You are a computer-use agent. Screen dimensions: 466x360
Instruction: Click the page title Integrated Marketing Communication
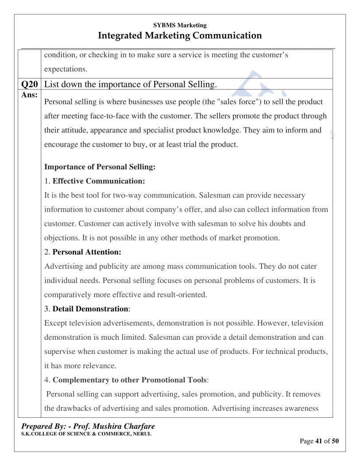180,35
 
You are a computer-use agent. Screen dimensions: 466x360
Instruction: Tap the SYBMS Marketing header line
180,25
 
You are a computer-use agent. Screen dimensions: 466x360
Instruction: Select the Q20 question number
29,84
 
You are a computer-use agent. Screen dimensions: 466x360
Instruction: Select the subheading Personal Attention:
87,252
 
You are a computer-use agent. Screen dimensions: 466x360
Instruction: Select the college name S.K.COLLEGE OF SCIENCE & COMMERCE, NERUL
86,434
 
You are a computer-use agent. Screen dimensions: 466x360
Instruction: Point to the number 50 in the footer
335,441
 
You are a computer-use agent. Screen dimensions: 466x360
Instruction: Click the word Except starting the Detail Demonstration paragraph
56,323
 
